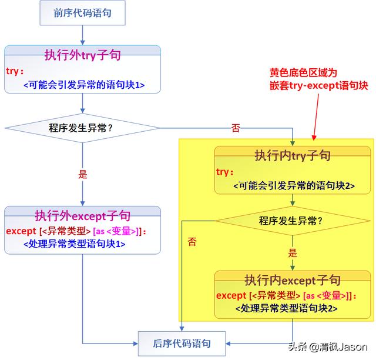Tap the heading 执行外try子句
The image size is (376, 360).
[x=82, y=55]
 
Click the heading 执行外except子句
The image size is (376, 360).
[x=82, y=215]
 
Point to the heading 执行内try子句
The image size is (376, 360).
[x=292, y=155]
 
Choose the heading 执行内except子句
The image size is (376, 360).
[x=292, y=279]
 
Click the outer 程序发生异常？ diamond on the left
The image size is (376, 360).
[x=82, y=128]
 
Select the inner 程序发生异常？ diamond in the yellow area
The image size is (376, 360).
[x=292, y=222]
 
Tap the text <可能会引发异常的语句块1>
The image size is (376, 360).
[x=84, y=85]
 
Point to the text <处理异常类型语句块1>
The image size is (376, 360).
[x=74, y=244]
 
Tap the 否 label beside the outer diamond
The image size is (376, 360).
[x=236, y=129]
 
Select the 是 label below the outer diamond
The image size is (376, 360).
[x=82, y=174]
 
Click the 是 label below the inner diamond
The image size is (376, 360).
[x=293, y=254]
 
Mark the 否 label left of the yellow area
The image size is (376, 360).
[x=192, y=242]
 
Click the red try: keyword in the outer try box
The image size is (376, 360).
[x=14, y=71]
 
